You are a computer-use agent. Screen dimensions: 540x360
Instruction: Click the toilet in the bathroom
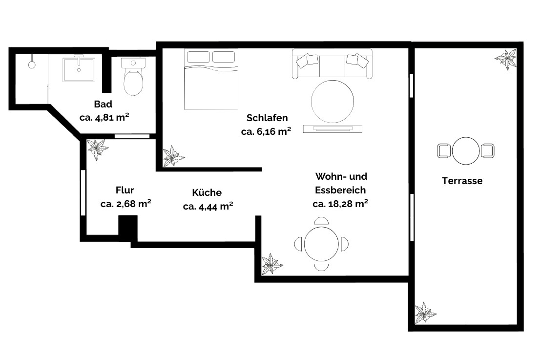(x=133, y=77)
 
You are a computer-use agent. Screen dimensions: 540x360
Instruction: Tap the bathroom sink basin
(x=79, y=69)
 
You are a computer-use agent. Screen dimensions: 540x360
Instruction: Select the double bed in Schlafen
(x=211, y=79)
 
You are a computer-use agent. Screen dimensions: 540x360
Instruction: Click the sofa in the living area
(x=332, y=64)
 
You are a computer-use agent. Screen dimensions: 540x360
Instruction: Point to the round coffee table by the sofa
(x=332, y=102)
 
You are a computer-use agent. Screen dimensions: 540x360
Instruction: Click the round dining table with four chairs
(x=321, y=244)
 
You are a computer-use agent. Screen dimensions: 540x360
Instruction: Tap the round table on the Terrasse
(x=466, y=151)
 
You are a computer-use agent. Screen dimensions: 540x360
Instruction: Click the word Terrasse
(x=462, y=181)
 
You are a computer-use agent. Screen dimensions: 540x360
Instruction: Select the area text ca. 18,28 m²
(x=340, y=204)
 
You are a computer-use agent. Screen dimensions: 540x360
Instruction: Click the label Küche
(x=207, y=192)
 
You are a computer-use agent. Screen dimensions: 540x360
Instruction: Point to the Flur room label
(x=125, y=190)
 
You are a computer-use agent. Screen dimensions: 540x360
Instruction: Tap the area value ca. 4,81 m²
(x=104, y=117)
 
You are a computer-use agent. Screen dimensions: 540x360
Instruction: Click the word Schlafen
(x=267, y=118)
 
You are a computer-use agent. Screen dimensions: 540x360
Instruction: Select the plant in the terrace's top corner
(x=506, y=59)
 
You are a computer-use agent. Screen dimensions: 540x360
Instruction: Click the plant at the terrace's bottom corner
(x=425, y=313)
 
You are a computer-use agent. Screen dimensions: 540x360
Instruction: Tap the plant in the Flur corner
(x=97, y=149)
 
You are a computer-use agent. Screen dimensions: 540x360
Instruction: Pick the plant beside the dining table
(x=272, y=264)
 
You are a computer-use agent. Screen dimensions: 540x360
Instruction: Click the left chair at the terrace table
(x=444, y=151)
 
